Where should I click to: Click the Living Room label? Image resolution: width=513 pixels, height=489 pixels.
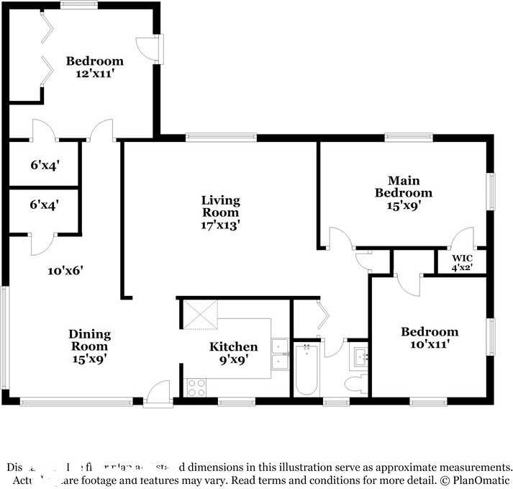tap(220, 206)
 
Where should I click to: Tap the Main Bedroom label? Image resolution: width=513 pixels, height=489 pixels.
tap(403, 187)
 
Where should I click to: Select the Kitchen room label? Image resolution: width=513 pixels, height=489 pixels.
tap(233, 347)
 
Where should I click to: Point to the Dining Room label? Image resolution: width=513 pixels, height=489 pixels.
tap(89, 340)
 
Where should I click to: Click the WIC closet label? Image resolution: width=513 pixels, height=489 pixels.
tap(461, 258)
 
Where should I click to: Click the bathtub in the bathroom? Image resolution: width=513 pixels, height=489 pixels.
tap(307, 369)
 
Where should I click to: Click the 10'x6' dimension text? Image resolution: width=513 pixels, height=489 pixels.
tap(66, 271)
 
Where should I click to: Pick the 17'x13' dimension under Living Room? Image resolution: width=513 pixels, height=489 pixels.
tap(220, 225)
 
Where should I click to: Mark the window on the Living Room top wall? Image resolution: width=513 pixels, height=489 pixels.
tap(221, 136)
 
